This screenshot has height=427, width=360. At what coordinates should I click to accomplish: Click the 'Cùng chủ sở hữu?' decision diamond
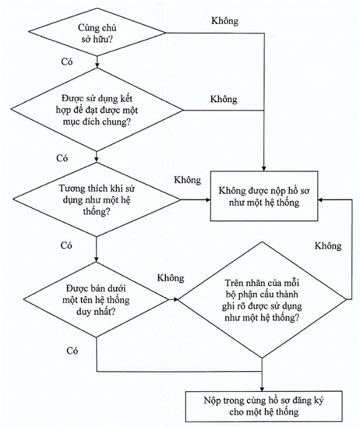point(97,33)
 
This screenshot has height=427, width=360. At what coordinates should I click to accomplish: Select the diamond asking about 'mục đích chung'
point(97,110)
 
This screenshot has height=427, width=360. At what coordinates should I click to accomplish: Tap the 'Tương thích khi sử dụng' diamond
point(96,200)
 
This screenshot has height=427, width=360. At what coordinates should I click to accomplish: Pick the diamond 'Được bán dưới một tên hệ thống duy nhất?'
point(96,299)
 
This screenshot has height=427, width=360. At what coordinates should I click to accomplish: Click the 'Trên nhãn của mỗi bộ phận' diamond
point(262,299)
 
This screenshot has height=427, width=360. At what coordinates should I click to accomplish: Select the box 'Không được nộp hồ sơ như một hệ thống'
point(264,196)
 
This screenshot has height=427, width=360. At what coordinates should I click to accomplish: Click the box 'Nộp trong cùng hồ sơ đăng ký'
point(264,406)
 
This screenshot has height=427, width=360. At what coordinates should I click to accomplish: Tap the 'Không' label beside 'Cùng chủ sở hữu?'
point(225,21)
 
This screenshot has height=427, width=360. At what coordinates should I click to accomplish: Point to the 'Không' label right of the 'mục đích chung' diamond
point(224,99)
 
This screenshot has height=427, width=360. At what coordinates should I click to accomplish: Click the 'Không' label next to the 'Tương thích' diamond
point(188,180)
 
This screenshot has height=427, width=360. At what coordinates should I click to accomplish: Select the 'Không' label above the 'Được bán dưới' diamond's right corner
point(171,278)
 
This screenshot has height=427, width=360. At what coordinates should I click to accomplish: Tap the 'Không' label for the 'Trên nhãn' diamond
point(328,245)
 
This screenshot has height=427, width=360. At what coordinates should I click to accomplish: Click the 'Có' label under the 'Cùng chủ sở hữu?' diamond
point(67,62)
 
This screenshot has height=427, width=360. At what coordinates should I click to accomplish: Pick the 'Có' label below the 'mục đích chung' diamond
point(62,158)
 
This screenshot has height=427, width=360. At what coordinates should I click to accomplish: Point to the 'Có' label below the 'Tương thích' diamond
point(66,245)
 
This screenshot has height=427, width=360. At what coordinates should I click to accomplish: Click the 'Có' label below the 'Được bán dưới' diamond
point(72,351)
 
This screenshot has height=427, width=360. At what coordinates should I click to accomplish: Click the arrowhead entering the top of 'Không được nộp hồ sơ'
point(264,168)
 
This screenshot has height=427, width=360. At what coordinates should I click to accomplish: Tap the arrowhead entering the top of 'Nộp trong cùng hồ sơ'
point(262,389)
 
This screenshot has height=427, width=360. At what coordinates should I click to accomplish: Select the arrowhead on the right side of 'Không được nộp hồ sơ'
point(321,200)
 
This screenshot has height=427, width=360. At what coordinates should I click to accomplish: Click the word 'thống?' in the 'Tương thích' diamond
point(96,212)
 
